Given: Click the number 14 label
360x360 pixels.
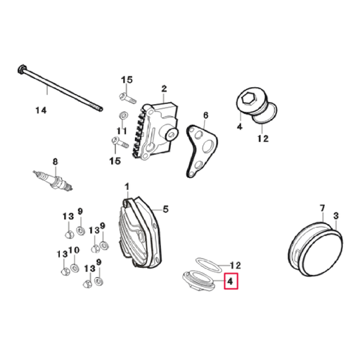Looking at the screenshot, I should [41, 110].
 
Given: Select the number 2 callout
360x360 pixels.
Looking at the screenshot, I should [164, 89].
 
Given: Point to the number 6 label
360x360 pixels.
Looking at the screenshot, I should [205, 115].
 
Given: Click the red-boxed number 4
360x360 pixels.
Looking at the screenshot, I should [231, 283].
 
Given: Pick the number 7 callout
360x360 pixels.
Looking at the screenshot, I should [322, 208].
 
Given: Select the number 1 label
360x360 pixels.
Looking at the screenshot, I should [127, 188].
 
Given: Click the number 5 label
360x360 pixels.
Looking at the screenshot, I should [166, 209].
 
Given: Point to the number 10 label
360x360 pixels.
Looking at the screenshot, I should [76, 250].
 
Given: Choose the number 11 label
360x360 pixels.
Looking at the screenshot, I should [121, 131].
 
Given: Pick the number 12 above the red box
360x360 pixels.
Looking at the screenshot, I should [236, 266].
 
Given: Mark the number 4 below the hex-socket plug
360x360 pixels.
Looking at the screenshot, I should [239, 128].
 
